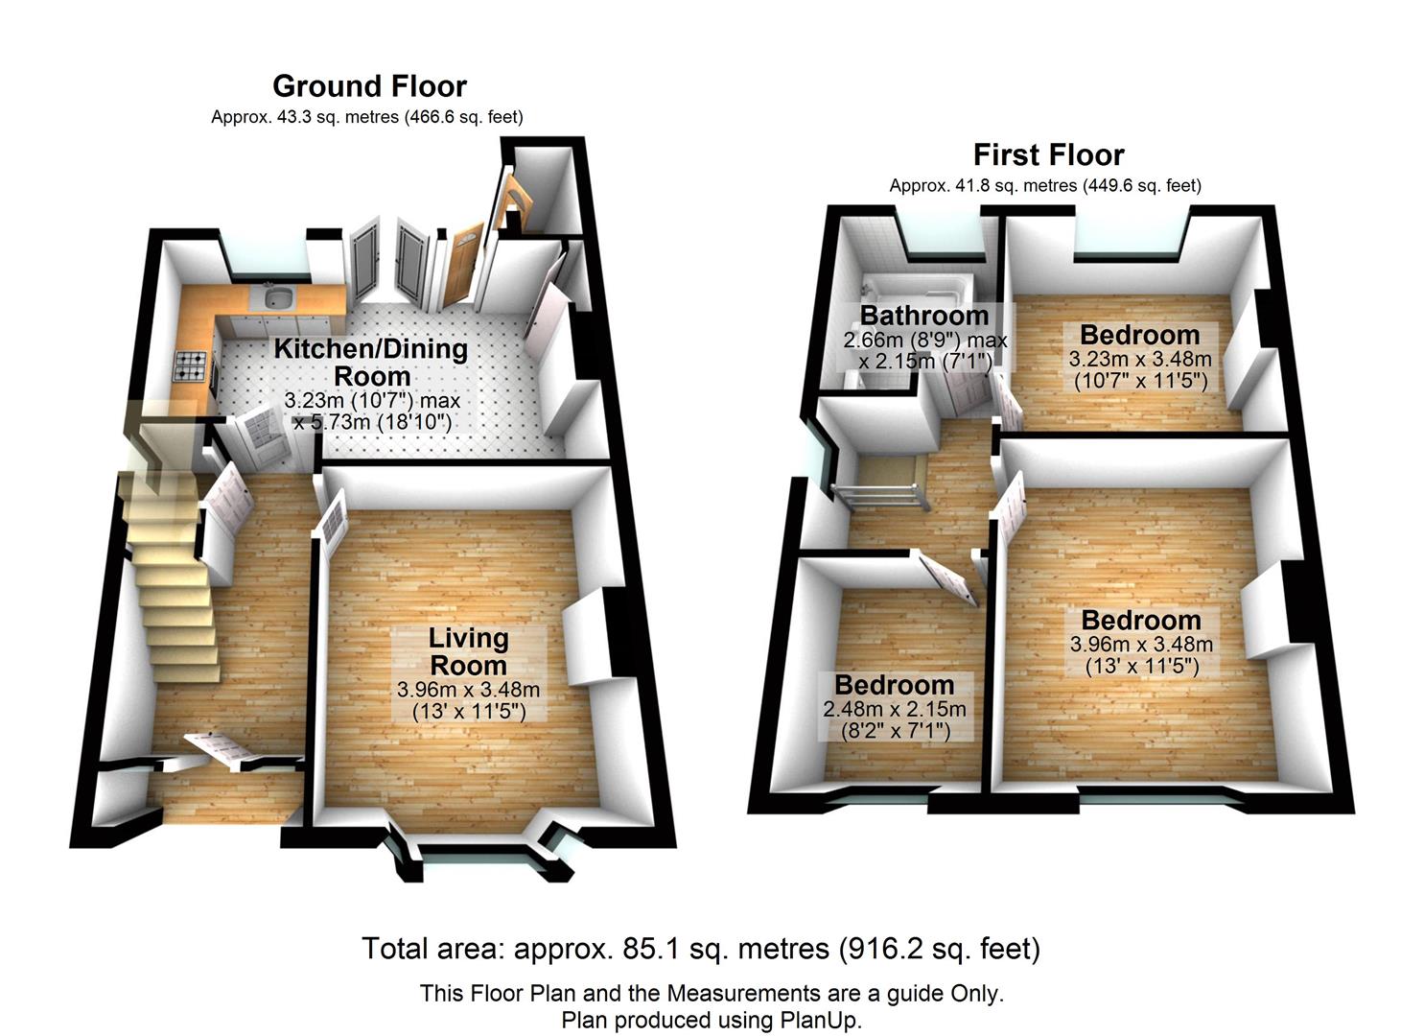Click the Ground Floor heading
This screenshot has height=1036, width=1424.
point(369,86)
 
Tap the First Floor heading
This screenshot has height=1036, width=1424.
point(1048,154)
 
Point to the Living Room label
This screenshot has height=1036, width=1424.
point(468,651)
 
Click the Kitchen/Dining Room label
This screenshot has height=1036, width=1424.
point(371,362)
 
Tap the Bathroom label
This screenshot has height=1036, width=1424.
point(923,315)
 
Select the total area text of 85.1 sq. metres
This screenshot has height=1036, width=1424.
point(700,949)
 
